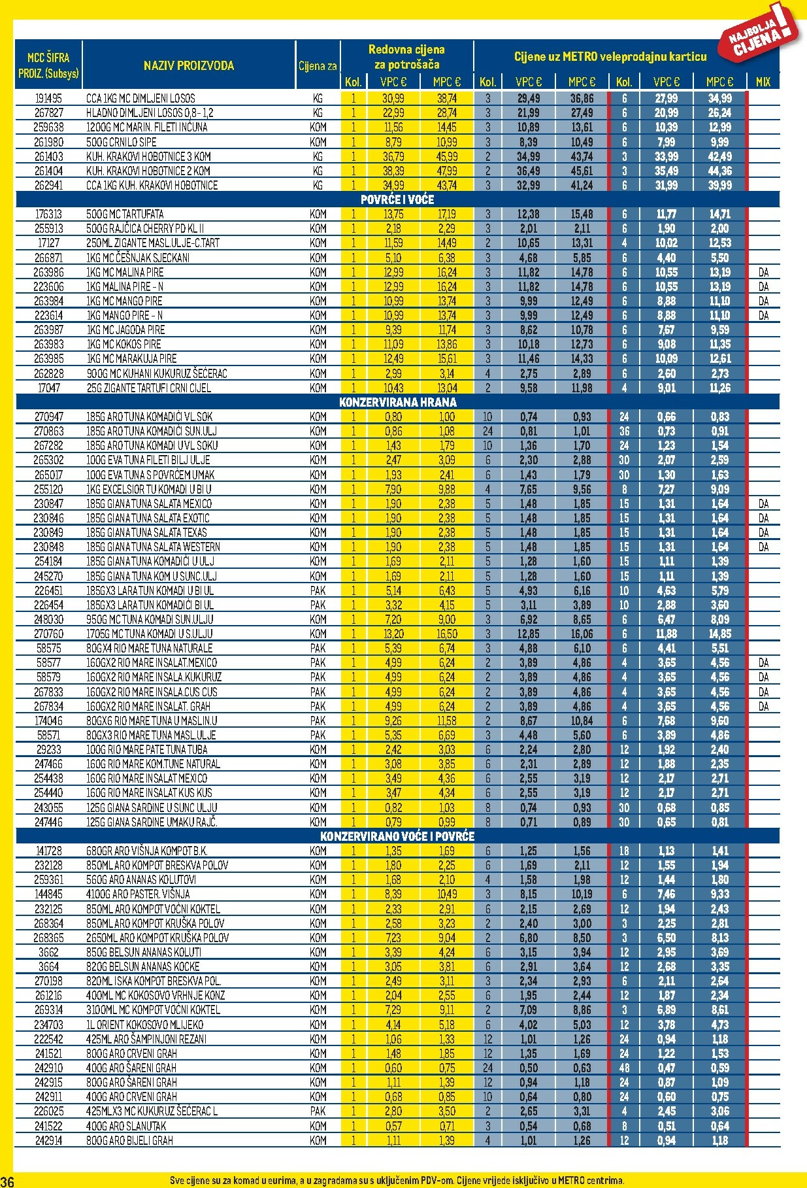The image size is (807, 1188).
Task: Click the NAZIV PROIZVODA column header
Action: click(x=189, y=65)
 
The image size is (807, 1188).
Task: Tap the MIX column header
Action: click(x=763, y=82)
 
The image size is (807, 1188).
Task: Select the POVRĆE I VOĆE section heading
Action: click(x=397, y=199)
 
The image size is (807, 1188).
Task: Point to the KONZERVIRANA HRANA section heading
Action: click(x=397, y=402)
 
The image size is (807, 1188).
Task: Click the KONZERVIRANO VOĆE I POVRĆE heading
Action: click(x=397, y=836)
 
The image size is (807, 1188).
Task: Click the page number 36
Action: click(x=7, y=1181)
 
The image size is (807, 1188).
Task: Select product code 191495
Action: click(x=48, y=98)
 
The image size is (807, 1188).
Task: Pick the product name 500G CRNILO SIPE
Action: click(x=122, y=142)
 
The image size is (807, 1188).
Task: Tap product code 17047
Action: click(x=48, y=388)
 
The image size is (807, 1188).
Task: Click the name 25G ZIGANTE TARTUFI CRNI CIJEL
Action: click(x=148, y=388)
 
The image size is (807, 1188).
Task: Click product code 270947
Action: click(x=48, y=416)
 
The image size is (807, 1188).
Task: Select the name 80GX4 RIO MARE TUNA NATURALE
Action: click(x=150, y=648)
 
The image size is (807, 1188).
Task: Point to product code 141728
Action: click(x=48, y=851)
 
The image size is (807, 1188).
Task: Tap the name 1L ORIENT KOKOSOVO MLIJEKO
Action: click(x=145, y=1025)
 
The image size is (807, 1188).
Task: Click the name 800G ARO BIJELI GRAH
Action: click(x=129, y=1140)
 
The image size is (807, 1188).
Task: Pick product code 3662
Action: click(x=48, y=952)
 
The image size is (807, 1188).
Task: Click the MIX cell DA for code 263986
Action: click(x=763, y=272)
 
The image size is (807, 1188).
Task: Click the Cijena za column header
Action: click(x=318, y=66)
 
